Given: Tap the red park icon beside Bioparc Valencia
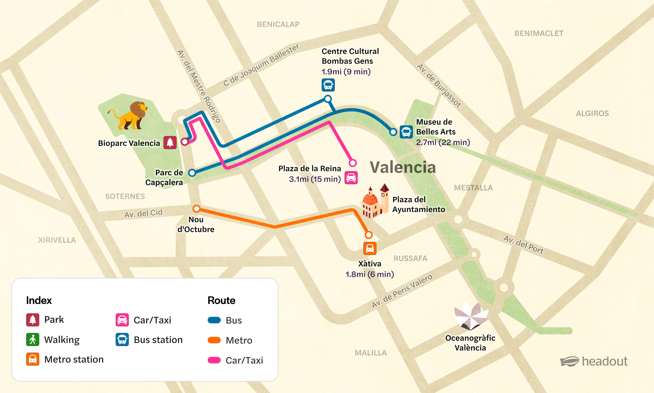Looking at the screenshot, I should [x=170, y=143].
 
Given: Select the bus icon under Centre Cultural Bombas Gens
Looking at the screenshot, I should [x=328, y=85].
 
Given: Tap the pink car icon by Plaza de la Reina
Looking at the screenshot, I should [x=351, y=178].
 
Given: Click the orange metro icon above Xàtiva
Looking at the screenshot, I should [x=370, y=248].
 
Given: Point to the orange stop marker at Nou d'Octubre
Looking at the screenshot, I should [x=196, y=209].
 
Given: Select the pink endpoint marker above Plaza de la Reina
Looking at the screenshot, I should [x=353, y=163].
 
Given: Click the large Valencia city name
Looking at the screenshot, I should [x=403, y=167].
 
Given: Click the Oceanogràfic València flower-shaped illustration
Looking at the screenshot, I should [x=471, y=316].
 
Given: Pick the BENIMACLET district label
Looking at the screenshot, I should [x=539, y=33].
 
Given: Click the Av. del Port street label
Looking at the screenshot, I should [x=523, y=245].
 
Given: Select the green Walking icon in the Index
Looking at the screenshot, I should [x=32, y=339].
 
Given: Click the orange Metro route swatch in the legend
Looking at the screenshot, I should [x=214, y=340].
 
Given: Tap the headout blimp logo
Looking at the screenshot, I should [x=569, y=362].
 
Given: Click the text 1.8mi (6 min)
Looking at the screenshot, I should [x=370, y=274].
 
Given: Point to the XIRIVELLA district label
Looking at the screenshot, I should [x=57, y=240].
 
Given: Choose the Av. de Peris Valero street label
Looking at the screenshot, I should [x=402, y=291].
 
